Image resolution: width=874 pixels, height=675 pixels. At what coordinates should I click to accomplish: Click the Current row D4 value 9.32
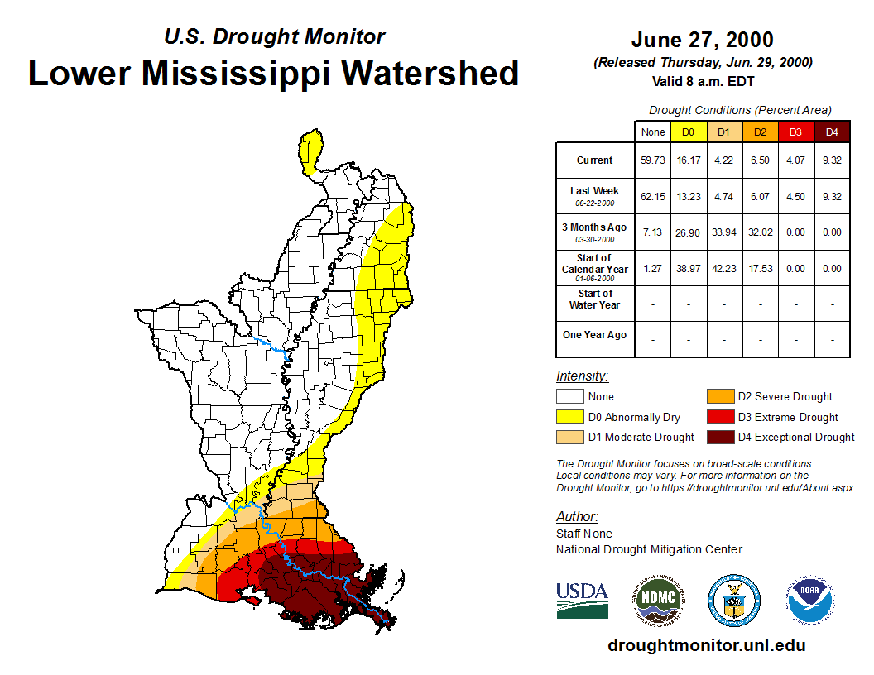(832, 160)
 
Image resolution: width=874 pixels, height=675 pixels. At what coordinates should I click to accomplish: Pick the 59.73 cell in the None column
(653, 160)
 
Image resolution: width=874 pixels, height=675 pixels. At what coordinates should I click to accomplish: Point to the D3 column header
(795, 132)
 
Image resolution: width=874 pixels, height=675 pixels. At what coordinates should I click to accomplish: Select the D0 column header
(689, 132)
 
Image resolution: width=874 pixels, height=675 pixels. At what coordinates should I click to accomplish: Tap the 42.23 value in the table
(724, 269)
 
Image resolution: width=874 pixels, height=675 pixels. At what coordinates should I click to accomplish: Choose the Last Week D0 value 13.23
(689, 197)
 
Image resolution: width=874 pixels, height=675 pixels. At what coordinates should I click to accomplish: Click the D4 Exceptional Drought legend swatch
(719, 438)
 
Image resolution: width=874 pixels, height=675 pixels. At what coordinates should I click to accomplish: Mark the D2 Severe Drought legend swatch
(719, 397)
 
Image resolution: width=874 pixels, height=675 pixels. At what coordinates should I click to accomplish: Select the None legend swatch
(569, 397)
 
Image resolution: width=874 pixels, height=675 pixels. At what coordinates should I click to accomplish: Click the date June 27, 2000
(702, 40)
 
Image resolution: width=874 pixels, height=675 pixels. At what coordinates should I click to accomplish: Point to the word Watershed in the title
(430, 73)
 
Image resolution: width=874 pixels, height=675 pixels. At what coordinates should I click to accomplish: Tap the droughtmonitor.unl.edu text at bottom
(706, 645)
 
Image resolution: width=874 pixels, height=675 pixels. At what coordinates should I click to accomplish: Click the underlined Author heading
(577, 517)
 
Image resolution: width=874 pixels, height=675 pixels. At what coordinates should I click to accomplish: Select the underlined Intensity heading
(582, 376)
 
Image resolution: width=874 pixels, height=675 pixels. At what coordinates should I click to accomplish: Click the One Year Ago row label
(594, 335)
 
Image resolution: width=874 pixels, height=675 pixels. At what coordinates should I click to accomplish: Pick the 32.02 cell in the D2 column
(760, 232)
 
